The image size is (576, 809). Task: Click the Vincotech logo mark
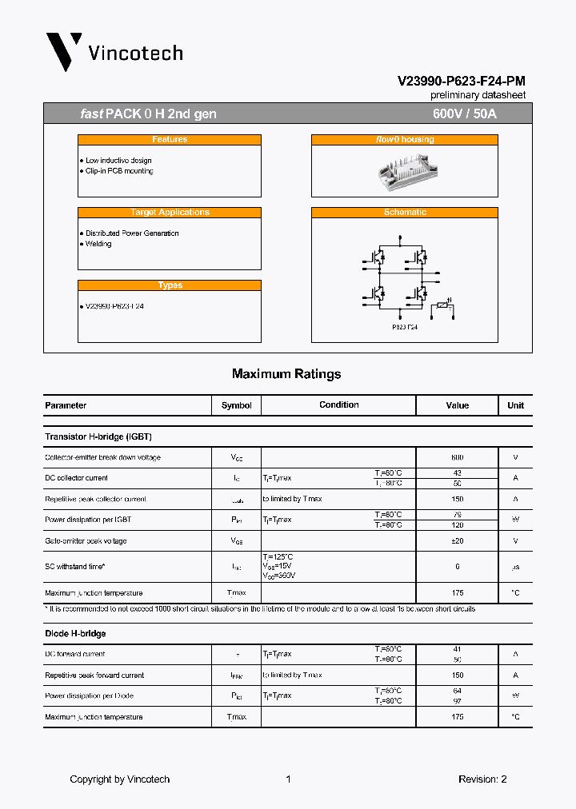(x=64, y=52)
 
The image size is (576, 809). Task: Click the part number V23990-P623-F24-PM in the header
(x=462, y=81)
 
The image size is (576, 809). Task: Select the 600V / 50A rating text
(x=464, y=114)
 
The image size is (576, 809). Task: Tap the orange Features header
(x=170, y=140)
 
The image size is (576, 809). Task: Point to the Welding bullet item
(x=98, y=244)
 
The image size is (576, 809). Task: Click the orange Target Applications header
(x=170, y=213)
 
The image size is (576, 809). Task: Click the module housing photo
(x=405, y=170)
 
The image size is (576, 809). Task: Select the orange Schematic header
(x=405, y=213)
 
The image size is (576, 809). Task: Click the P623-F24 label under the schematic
(x=405, y=327)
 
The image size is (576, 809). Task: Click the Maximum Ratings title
(x=286, y=374)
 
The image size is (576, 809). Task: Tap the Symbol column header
(x=236, y=405)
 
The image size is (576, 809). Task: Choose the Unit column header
(x=515, y=405)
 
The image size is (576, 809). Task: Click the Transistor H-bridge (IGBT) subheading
(x=98, y=437)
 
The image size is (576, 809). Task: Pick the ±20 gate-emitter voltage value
(x=457, y=540)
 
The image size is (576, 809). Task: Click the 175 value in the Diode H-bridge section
(x=457, y=717)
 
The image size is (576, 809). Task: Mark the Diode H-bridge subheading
(x=75, y=634)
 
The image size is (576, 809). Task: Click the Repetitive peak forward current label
(x=94, y=675)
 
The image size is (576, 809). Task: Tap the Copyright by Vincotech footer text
(x=120, y=779)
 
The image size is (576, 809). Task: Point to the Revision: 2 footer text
(x=482, y=779)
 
